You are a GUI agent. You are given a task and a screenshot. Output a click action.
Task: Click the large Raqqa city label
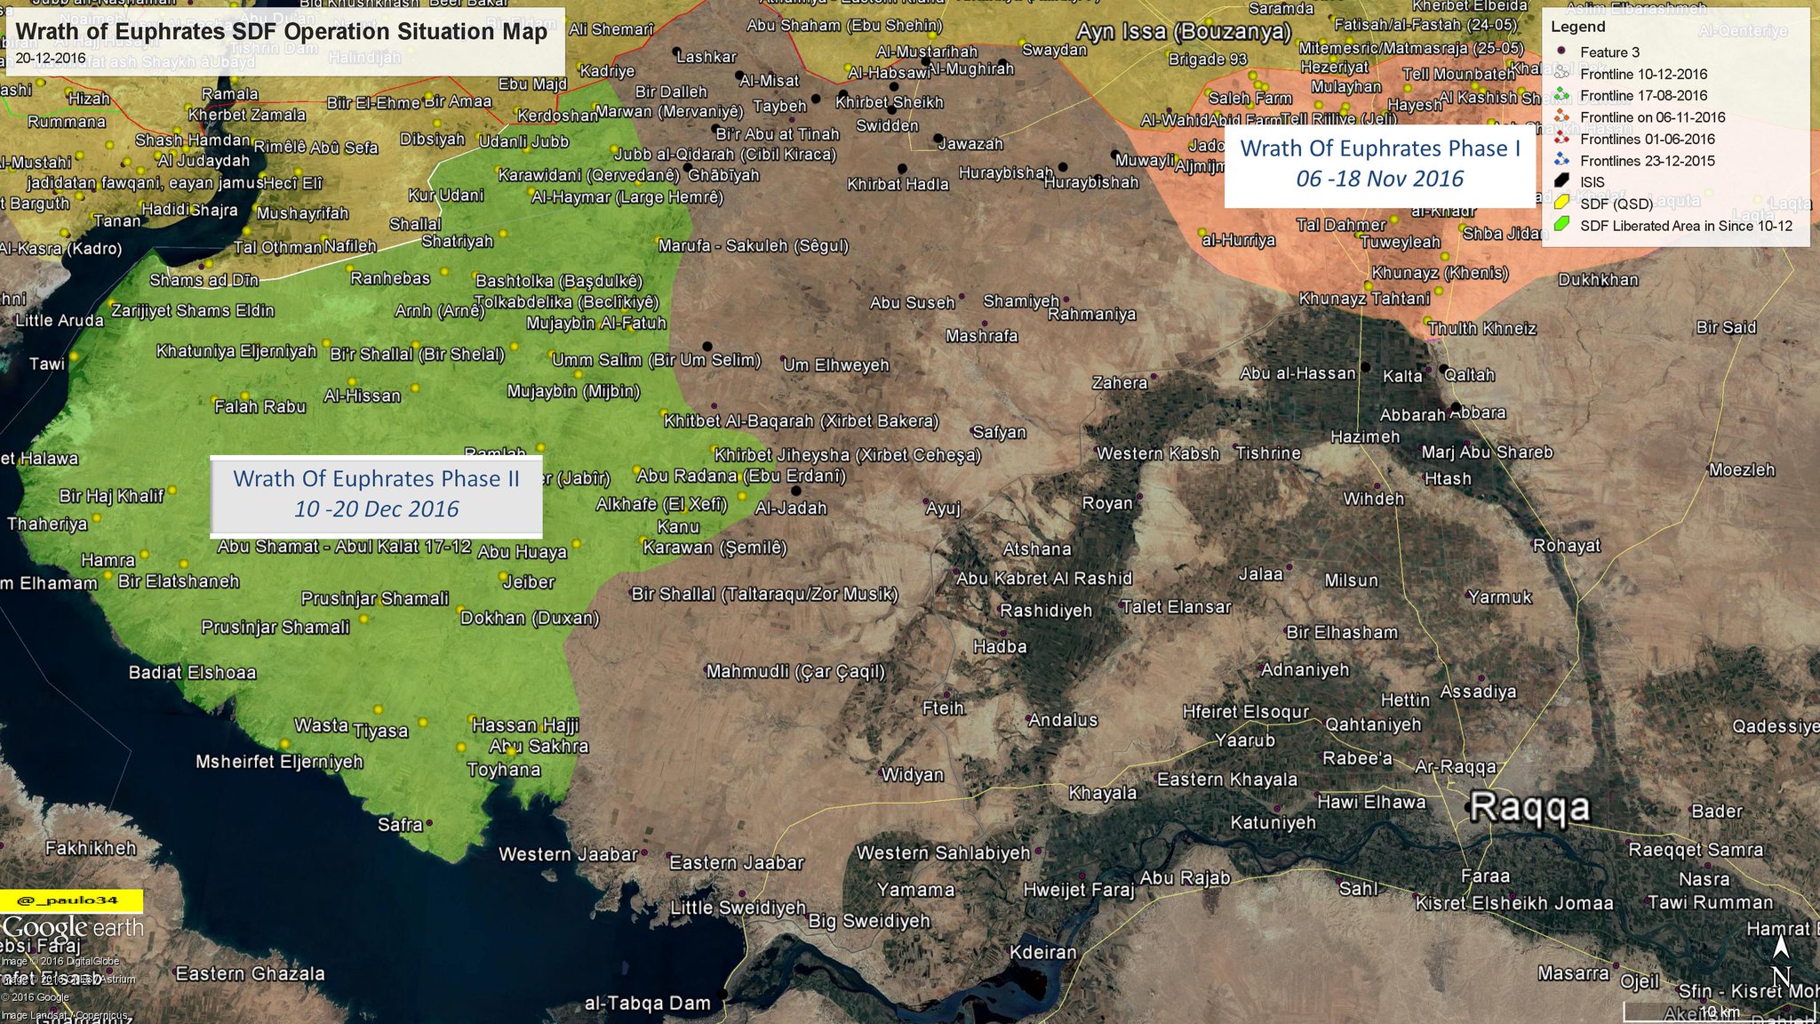pos(1529,807)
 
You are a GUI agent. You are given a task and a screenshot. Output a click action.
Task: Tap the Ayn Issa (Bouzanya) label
pos(1183,32)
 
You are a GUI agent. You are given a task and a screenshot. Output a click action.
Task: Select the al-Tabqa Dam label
pos(647,1004)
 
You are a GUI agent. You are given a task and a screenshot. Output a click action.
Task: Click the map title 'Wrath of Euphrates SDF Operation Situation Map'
pos(281,31)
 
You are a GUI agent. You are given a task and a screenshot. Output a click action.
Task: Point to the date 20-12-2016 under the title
pos(51,58)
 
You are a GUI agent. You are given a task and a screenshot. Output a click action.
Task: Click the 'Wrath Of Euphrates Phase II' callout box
pos(376,493)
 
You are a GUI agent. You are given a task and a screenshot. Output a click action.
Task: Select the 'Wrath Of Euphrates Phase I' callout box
pos(1380,164)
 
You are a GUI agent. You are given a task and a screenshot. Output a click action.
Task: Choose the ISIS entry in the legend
pos(1592,182)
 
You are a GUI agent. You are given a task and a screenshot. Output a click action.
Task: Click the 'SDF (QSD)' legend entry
pos(1616,204)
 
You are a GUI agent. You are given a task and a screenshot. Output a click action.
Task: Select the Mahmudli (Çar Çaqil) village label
pos(795,671)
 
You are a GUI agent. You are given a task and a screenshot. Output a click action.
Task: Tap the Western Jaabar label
pos(568,854)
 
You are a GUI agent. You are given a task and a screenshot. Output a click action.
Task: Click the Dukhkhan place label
pos(1598,280)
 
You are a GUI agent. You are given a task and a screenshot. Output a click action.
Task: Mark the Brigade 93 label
pos(1207,60)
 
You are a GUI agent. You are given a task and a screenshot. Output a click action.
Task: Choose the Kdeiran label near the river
pos(1042,952)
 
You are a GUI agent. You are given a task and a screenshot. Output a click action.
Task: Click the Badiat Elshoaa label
pos(192,672)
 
